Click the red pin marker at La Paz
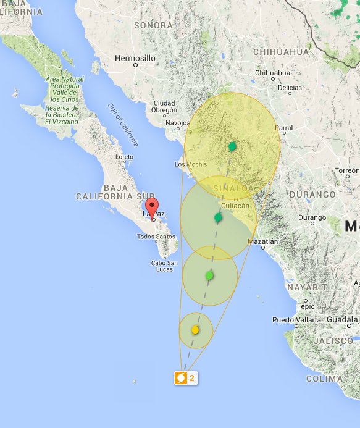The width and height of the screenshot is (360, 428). (x=152, y=208)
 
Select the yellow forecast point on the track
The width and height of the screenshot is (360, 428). (x=195, y=330)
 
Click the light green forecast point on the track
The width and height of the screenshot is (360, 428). (x=209, y=275)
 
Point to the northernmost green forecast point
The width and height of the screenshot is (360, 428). (x=232, y=147)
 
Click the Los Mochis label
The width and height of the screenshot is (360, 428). (x=189, y=164)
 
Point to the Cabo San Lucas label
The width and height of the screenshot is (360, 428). (x=164, y=266)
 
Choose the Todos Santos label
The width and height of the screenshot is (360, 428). (x=156, y=237)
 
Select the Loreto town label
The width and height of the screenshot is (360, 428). (x=124, y=157)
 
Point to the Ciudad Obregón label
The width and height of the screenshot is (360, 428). (x=164, y=106)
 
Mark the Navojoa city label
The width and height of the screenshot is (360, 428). (x=177, y=123)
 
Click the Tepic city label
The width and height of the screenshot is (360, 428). (x=305, y=306)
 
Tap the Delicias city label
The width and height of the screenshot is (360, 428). (x=289, y=88)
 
